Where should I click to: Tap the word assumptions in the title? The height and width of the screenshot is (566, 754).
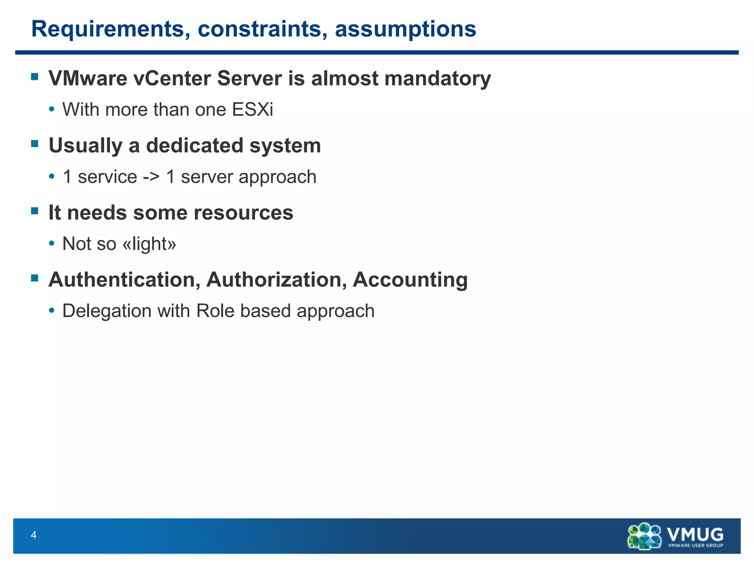(405, 29)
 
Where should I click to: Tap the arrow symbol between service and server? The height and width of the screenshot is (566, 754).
(151, 177)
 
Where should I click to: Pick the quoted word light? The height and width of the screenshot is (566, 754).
(149, 244)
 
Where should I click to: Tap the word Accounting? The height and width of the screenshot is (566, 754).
(410, 280)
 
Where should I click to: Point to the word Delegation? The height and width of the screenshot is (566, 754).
(107, 311)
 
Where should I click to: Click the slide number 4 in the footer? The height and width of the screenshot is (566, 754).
(34, 535)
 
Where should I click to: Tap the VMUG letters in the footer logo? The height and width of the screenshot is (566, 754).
(695, 534)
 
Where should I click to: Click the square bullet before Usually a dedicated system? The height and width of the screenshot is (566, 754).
(35, 144)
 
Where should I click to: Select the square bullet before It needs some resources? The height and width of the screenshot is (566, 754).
(35, 211)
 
